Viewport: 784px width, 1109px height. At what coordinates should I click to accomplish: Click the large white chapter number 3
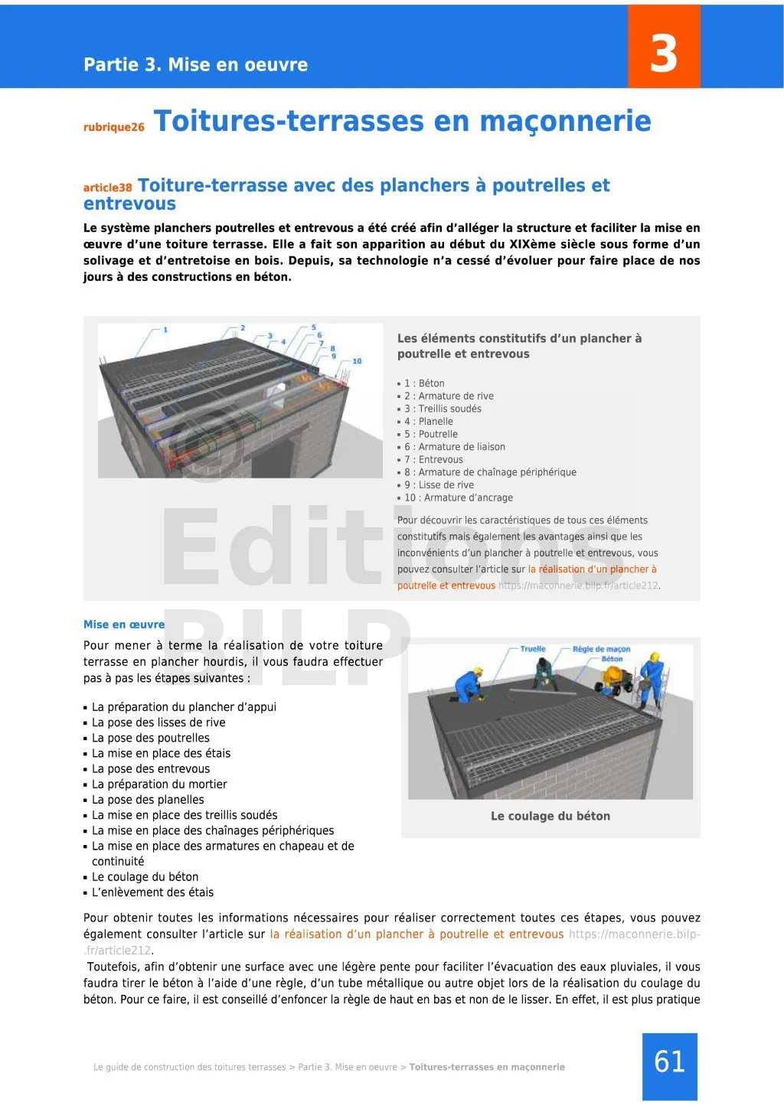pos(663,54)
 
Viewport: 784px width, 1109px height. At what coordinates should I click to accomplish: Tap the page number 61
pos(669,1062)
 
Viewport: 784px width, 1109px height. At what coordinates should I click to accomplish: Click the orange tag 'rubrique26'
pos(113,128)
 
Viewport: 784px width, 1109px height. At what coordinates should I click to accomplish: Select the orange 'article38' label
pos(107,188)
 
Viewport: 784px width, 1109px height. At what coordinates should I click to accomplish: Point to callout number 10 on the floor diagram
pos(357,361)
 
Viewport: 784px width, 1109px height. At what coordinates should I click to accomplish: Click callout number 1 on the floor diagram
pos(165,330)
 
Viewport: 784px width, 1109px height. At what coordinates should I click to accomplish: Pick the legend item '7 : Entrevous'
pos(433,459)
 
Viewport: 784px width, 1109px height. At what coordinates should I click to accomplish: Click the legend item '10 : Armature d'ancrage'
pos(459,497)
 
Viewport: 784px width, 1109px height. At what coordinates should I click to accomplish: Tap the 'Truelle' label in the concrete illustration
pos(533,649)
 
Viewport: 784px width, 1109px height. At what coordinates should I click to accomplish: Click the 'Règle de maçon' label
pos(601,649)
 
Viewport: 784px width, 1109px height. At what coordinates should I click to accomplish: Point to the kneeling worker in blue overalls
pos(469,684)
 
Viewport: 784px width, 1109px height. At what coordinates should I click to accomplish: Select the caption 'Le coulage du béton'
pos(550,816)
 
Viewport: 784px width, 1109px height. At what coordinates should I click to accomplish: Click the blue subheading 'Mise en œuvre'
pos(124,625)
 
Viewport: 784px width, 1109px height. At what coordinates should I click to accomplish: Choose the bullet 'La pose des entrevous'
pos(150,768)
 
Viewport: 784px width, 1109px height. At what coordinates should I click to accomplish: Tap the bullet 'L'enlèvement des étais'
pos(152,892)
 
